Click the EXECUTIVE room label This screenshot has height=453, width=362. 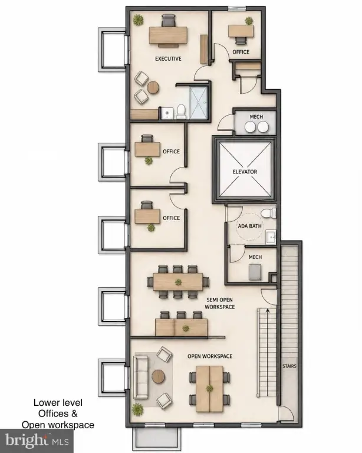pyautogui.click(x=168, y=58)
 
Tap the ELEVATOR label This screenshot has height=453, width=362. pyautogui.click(x=245, y=172)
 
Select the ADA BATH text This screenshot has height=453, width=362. pyautogui.click(x=250, y=226)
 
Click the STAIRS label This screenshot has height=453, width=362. pyautogui.click(x=289, y=366)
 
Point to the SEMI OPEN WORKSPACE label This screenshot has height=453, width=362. pyautogui.click(x=220, y=303)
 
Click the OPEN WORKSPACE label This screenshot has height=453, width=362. pyautogui.click(x=210, y=356)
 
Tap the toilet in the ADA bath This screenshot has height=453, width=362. pyautogui.click(x=268, y=213)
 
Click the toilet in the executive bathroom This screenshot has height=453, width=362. pyautogui.click(x=181, y=111)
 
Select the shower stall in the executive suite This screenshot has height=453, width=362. pyautogui.click(x=198, y=103)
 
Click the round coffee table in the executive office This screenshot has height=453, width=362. pyautogui.click(x=153, y=87)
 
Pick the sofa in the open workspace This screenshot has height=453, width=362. pyautogui.click(x=140, y=377)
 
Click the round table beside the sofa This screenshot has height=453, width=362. pyautogui.click(x=159, y=376)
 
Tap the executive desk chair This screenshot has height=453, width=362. pyautogui.click(x=168, y=21)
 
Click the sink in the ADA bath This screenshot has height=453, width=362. pyautogui.click(x=271, y=237)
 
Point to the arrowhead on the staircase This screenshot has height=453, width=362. pyautogui.click(x=268, y=311)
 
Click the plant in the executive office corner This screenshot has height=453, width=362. pyautogui.click(x=139, y=20)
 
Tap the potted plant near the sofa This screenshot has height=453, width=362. pyautogui.click(x=138, y=409)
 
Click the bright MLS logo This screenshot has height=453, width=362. pyautogui.click(x=37, y=441)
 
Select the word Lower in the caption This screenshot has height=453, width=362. pyautogui.click(x=45, y=402)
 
